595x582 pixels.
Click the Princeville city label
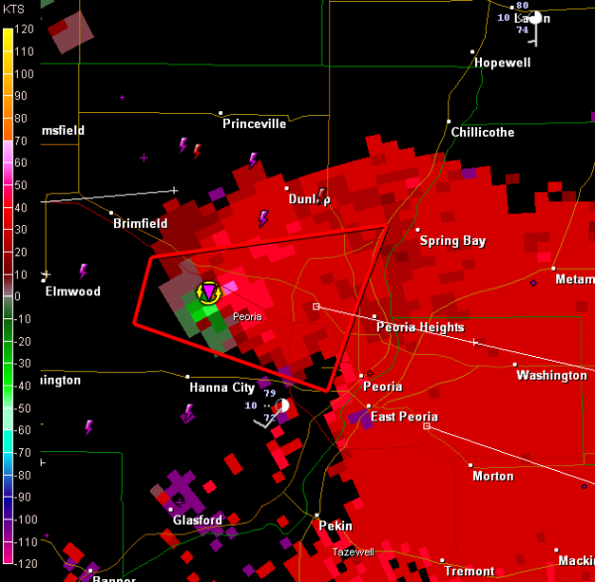point(254,124)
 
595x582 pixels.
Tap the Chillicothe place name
point(482,132)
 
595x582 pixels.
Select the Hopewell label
point(502,62)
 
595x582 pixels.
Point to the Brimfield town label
point(140,224)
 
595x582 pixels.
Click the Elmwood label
point(72,291)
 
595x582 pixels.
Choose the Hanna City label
point(222,388)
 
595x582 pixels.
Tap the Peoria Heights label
point(419,327)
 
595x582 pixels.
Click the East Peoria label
point(405,416)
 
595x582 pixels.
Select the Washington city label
point(551,376)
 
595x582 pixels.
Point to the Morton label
point(493,476)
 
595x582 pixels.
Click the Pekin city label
point(335,525)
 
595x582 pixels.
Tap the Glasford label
point(197,521)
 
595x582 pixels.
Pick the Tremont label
point(469,571)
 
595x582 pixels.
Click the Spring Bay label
point(452,241)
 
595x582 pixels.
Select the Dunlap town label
point(308,199)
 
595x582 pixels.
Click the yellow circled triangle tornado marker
point(208,291)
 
